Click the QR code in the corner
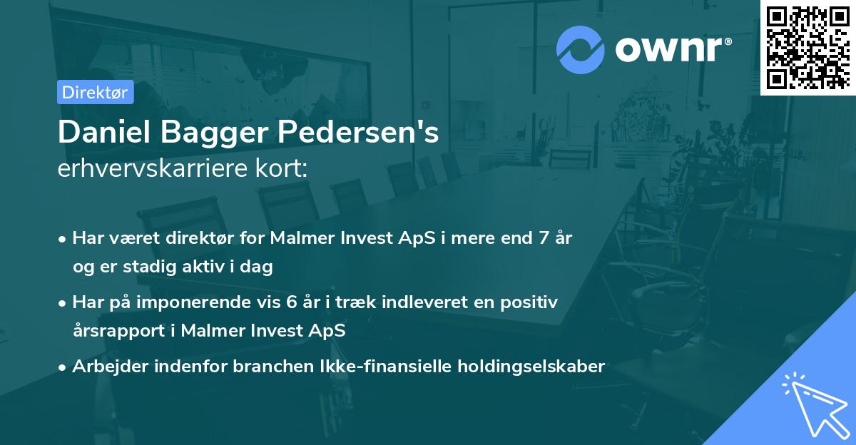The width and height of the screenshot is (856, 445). click(x=807, y=47)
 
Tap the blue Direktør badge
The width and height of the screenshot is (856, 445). click(x=96, y=92)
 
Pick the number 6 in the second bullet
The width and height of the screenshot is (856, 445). click(x=291, y=302)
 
